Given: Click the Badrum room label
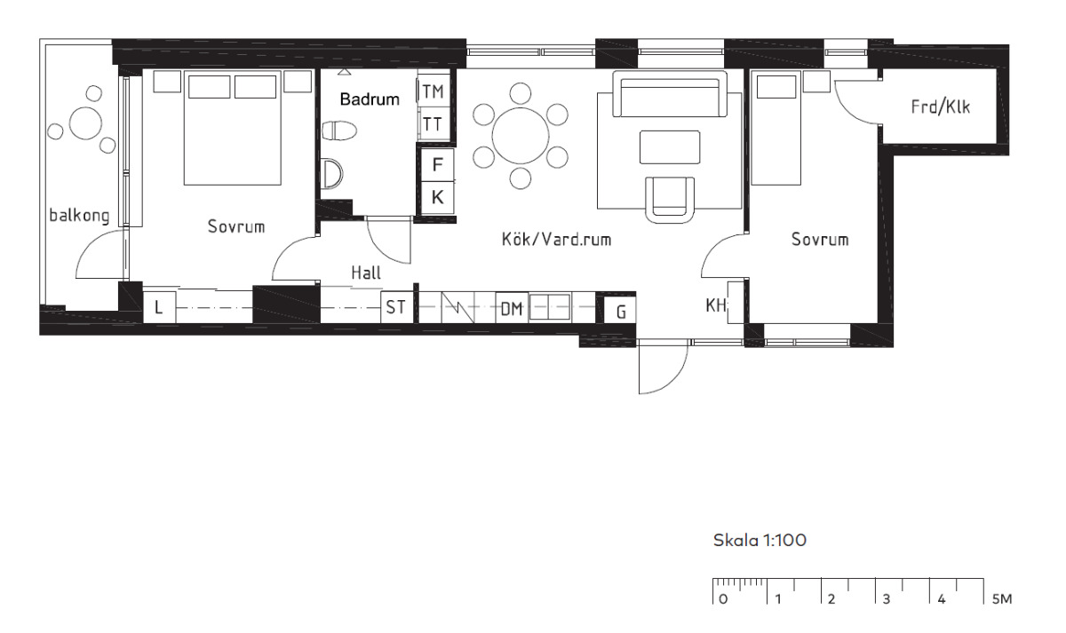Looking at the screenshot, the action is point(370,99).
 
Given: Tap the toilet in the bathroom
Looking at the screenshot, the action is point(338,131).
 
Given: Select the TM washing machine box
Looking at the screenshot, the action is point(434,91).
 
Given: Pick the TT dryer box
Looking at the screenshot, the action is point(434,123).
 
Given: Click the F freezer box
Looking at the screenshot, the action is point(437,165).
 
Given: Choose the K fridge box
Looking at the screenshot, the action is point(437,197).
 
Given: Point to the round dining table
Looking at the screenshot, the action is point(521,136).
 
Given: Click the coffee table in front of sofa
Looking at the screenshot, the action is point(670,147).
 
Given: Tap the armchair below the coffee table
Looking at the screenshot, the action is point(670,200).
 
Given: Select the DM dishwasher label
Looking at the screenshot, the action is point(512,309).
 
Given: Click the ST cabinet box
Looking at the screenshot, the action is point(396,307).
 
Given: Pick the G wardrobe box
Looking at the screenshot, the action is point(620,311).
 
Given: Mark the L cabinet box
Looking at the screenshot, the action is point(159,307).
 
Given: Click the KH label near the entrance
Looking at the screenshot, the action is point(716,305).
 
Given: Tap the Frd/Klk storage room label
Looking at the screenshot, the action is point(941,107).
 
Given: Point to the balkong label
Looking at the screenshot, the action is point(79,216).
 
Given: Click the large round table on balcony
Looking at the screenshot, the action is point(85,123).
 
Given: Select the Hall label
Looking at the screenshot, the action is point(366,273).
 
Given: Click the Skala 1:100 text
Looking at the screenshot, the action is point(760,541).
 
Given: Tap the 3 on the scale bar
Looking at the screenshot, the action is point(887,598).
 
